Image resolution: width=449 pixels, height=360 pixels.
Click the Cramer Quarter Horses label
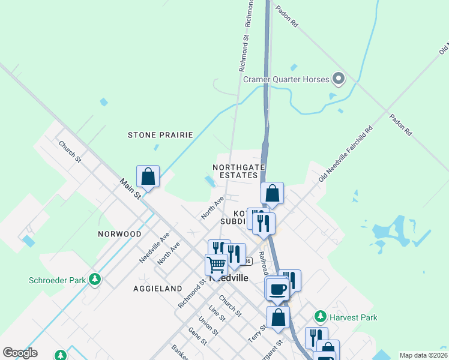click(286, 79)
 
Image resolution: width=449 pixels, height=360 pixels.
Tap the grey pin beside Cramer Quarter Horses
click(339, 79)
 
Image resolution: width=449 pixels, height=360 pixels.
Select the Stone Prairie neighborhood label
click(160, 135)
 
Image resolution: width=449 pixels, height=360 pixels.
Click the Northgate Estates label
click(235, 170)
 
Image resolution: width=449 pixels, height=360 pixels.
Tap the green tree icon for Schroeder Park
click(94, 279)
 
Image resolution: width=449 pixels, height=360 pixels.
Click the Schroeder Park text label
click(57, 280)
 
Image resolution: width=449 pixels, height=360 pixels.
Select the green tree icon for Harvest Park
click(320, 316)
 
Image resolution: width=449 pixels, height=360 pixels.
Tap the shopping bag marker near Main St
click(148, 176)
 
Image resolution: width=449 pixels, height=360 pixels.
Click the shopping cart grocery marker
click(216, 264)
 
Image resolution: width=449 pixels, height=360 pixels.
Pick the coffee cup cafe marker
click(277, 289)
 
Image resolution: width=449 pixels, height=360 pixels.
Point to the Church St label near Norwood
click(70, 152)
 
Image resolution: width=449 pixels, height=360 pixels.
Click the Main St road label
click(130, 188)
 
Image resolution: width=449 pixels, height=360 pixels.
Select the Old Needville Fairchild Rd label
click(346, 154)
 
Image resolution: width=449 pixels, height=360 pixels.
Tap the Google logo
click(20, 353)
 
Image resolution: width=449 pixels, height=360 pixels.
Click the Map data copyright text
click(423, 355)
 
